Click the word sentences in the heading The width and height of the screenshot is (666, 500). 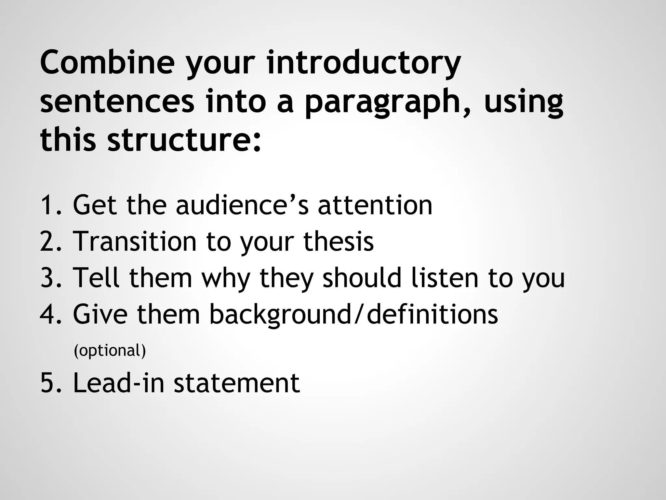tap(117, 102)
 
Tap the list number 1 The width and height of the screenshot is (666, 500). tap(50, 205)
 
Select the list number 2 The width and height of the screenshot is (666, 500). tap(50, 242)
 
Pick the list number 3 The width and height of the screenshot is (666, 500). tap(50, 278)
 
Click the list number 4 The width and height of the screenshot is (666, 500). tap(50, 314)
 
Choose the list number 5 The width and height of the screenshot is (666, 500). tap(50, 383)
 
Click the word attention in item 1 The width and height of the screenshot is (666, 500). tap(375, 205)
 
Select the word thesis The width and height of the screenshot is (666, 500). tap(339, 242)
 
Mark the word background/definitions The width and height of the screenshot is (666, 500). tap(353, 314)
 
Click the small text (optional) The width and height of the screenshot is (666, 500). tap(110, 351)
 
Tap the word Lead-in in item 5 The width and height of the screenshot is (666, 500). tap(118, 383)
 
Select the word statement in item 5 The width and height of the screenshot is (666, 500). tap(237, 383)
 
